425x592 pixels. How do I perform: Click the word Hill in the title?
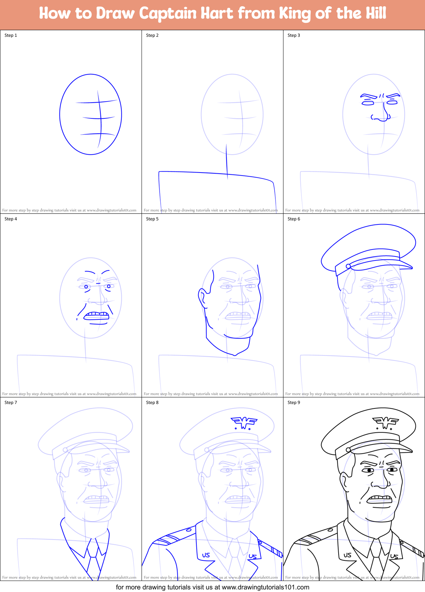coord(374,13)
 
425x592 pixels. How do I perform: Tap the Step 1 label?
coord(11,35)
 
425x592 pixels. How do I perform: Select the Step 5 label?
coord(152,219)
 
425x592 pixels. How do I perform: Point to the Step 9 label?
coord(294,403)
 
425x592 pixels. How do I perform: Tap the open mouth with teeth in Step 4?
coord(97,316)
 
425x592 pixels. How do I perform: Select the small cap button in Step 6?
coord(348,266)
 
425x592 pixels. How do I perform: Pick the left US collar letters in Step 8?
coord(206,555)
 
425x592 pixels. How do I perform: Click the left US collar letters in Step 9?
coord(347,555)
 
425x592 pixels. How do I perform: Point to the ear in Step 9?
coord(344,481)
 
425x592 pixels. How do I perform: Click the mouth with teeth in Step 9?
coord(380,499)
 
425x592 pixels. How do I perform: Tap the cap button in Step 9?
coord(348,450)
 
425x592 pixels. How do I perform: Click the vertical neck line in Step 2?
coord(227,162)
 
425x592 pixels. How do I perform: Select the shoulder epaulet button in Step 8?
coord(189,530)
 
